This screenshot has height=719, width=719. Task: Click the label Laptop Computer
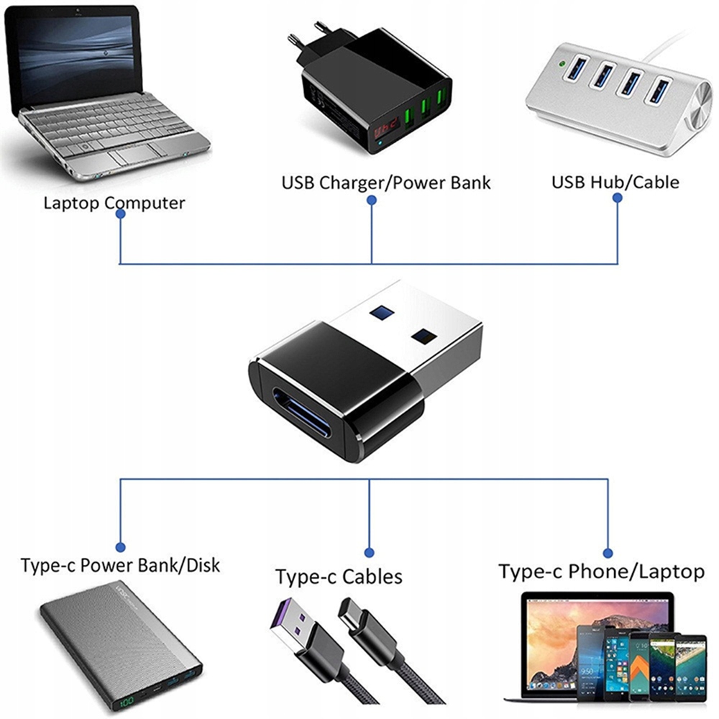114,203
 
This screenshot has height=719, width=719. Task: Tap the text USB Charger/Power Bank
385,183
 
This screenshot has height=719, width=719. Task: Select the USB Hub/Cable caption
615,182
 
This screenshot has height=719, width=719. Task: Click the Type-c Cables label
339,577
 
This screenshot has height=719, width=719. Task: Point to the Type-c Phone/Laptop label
601,572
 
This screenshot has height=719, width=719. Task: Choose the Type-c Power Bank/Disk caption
120,565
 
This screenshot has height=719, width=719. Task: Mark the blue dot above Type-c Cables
369,553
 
